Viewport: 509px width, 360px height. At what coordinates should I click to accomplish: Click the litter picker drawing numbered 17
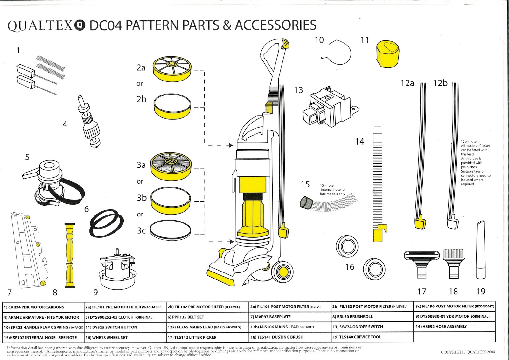pos(422,262)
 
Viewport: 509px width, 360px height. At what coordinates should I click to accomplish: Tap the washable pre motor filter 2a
pos(172,70)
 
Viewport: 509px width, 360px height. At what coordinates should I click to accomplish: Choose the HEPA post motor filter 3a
pos(171,166)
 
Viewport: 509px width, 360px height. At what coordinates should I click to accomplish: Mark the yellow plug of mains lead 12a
pos(420,222)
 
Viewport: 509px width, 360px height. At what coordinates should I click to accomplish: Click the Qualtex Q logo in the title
pos(80,25)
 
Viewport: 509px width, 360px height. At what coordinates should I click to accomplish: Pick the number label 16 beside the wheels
pos(350,267)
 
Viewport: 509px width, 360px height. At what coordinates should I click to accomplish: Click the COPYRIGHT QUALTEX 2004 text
pos(468,352)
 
